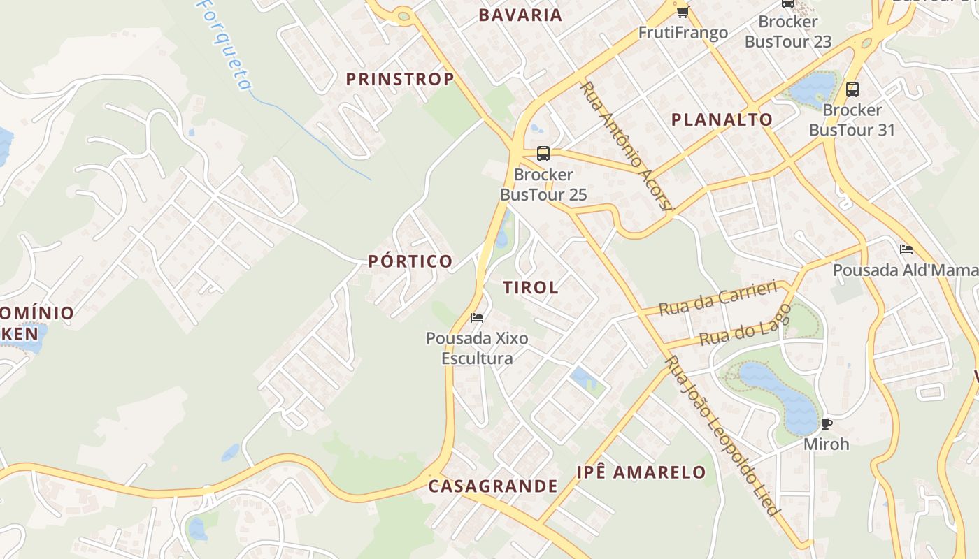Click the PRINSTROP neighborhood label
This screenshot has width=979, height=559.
click(400, 80)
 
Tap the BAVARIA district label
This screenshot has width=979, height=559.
click(520, 15)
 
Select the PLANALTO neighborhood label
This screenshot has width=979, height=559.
click(722, 119)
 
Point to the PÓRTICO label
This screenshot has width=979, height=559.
click(410, 261)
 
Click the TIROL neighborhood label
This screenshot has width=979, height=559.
click(531, 287)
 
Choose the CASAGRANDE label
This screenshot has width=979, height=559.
click(493, 486)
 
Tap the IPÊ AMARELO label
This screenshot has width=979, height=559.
click(641, 472)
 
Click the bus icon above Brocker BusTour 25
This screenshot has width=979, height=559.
click(543, 154)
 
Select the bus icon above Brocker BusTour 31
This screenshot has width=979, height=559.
click(852, 89)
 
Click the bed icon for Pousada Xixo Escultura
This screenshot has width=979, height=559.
click(477, 318)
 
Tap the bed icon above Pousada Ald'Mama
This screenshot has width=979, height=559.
click(906, 249)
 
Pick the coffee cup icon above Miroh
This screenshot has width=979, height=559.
click(826, 423)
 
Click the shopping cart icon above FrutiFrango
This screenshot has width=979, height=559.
click(683, 12)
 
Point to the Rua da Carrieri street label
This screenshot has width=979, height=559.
click(718, 298)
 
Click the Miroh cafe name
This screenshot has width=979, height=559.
click(826, 444)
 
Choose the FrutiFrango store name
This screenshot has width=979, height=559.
click(683, 33)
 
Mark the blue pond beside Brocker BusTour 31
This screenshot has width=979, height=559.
click(813, 87)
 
